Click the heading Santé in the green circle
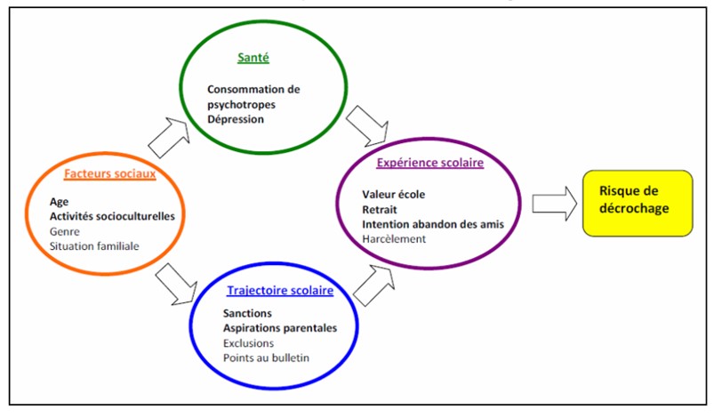point(253,59)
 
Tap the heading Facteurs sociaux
point(110,173)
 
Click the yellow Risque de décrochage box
point(637,203)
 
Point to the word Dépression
point(236,118)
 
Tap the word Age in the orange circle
point(59,201)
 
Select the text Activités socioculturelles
point(112,216)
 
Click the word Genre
point(65,231)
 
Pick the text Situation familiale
point(94,246)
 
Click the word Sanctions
point(248,313)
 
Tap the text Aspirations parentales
point(280,328)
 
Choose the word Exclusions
point(250,342)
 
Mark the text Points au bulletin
point(269,358)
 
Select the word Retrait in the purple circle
point(380,209)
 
